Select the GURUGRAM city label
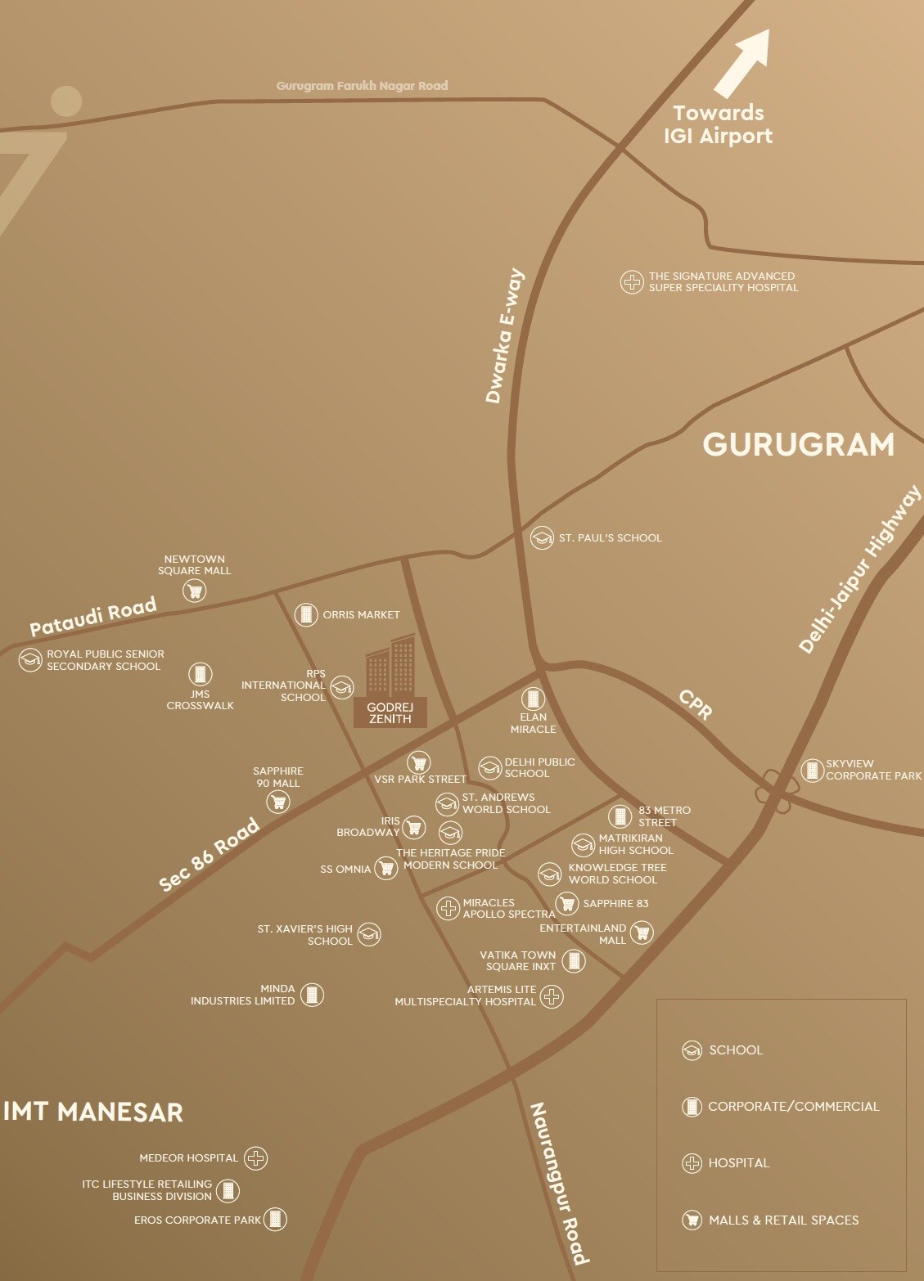coord(798,445)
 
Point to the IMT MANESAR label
coord(93,1112)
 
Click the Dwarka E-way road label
coord(504,336)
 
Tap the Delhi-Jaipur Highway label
coord(859,569)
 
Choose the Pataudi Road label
coord(92,616)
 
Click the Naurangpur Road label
coord(559,1182)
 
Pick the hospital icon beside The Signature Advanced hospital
coord(631,282)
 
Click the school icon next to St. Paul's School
coord(542,537)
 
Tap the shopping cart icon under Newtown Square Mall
coord(195,590)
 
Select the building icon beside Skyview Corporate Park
coord(811,770)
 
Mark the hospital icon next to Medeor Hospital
coord(256,1157)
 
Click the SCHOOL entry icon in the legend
coord(692,1050)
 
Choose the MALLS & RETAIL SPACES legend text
coord(783,1220)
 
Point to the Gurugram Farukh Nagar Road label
coord(362,85)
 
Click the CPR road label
coord(695,703)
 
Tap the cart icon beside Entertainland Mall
coord(642,932)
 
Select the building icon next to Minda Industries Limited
coord(312,995)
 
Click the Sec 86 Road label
coord(209,854)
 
